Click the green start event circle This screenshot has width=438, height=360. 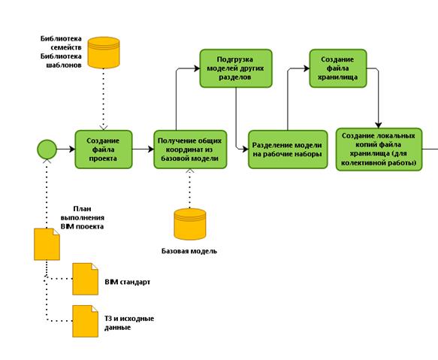[47, 150]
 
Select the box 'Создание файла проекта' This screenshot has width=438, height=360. [104, 150]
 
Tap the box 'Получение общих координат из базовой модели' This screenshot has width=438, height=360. [190, 150]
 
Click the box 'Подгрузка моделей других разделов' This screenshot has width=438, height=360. [236, 68]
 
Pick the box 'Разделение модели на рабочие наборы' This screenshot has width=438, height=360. [288, 150]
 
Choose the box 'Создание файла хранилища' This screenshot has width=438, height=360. [338, 68]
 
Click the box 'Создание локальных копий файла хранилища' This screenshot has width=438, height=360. [379, 150]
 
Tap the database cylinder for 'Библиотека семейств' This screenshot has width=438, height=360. [104, 53]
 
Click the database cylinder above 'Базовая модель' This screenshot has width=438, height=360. [190, 224]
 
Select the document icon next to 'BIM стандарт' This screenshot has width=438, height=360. [85, 279]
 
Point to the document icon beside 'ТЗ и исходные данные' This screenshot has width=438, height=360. [85, 321]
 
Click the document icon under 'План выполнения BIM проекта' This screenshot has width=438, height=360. [47, 244]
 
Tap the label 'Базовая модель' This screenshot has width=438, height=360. [189, 251]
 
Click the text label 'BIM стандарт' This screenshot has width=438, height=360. [128, 282]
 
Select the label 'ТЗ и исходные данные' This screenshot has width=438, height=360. [129, 323]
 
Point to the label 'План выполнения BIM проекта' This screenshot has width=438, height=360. [83, 217]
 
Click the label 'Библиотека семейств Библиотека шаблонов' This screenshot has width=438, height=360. [61, 52]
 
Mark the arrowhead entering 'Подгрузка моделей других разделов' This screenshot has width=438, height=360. [197, 68]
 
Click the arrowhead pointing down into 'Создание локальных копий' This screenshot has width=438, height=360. [379, 125]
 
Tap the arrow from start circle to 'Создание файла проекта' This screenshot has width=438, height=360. [66, 150]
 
